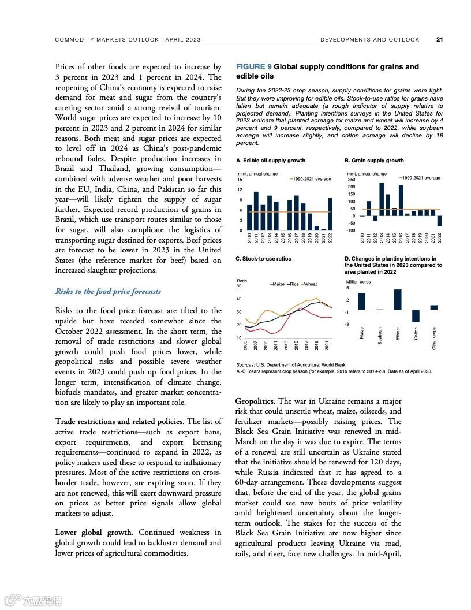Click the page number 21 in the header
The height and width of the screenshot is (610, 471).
pos(439,40)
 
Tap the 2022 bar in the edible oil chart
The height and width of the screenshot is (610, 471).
pos(330,214)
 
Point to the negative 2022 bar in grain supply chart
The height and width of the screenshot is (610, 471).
pos(440,221)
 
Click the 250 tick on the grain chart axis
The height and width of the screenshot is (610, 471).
pos(352,180)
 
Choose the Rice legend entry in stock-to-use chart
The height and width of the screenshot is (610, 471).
pos(293,284)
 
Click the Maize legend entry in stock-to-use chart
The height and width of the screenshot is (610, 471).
pos(277,284)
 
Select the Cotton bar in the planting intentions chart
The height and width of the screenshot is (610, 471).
pos(416,315)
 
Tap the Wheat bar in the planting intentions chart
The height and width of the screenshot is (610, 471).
pos(398,299)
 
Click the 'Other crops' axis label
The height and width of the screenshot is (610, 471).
pos(434,339)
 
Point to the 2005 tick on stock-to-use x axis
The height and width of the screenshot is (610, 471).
pos(245,345)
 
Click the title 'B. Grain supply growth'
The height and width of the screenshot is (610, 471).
pos(374,161)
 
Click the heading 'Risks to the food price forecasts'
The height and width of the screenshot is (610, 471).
pos(108,292)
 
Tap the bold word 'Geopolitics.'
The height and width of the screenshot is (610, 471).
pos(256,401)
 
